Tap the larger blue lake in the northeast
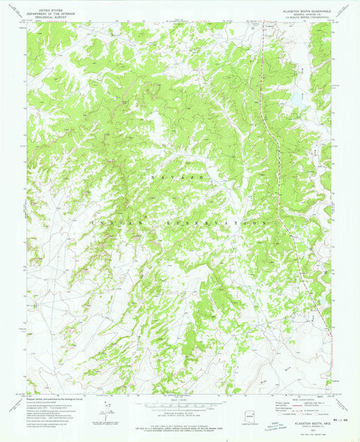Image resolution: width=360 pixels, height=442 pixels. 296,99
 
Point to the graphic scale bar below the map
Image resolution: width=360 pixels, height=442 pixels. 179,407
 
